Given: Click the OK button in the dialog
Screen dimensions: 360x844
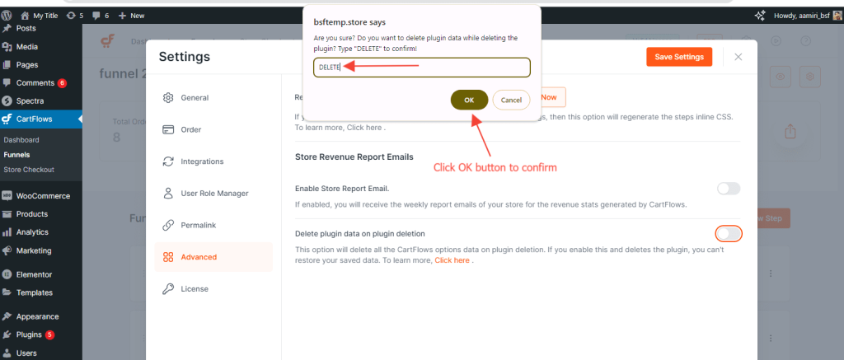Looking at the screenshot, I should click(x=469, y=100).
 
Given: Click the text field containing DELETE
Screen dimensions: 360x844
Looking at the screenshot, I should click(x=421, y=67).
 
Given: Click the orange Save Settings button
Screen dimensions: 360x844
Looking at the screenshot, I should click(x=679, y=57).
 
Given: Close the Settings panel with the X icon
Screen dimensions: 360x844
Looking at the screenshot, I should click(x=738, y=57).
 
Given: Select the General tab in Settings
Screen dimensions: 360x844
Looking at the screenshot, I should click(x=195, y=97).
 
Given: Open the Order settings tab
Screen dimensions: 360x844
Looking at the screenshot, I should click(x=190, y=129).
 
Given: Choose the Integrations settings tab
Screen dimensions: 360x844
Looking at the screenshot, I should click(x=202, y=161).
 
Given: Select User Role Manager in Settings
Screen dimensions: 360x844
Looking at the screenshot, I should click(x=214, y=193).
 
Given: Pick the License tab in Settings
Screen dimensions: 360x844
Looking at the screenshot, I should click(x=195, y=288).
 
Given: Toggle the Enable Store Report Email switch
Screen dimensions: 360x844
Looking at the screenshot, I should click(x=729, y=189).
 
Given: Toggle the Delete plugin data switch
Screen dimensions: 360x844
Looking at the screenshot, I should click(x=729, y=233).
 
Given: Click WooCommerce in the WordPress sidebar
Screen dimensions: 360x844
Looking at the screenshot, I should click(x=43, y=196).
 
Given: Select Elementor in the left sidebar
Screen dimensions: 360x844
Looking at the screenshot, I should click(x=34, y=274).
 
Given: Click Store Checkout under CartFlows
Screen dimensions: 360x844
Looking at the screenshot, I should click(x=29, y=170).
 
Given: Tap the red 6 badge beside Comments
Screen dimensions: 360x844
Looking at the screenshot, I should click(x=62, y=83).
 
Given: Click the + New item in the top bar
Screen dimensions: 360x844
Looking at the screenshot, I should click(x=132, y=16).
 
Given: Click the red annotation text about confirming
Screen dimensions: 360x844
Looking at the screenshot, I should click(x=495, y=167).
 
